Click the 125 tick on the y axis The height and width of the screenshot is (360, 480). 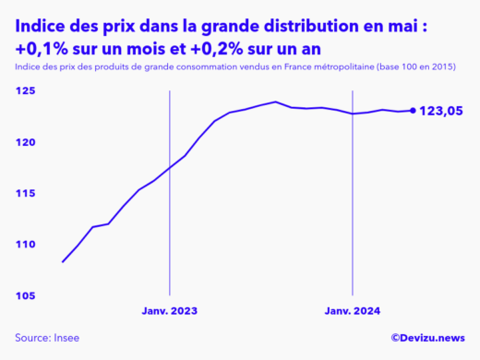point(24,91)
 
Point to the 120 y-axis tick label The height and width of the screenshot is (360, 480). point(24,142)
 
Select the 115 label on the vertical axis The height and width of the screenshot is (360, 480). point(24,193)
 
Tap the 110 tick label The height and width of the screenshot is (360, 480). point(24,245)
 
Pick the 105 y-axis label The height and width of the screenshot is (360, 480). point(24,295)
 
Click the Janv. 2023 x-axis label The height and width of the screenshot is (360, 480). point(169,311)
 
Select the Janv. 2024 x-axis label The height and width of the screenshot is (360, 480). point(353,311)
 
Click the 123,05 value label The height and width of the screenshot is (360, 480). point(441,111)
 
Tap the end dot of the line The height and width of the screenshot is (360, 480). point(413,111)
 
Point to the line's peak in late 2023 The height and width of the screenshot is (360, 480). point(276,102)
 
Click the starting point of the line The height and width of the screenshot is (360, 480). point(63,262)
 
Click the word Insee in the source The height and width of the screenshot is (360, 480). point(70,339)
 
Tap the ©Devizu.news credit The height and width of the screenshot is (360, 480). point(428,339)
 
